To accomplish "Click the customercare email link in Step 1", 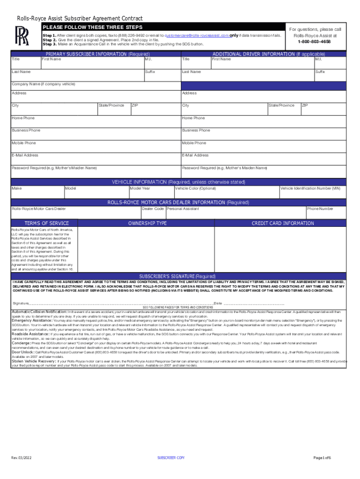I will click(x=197, y=35).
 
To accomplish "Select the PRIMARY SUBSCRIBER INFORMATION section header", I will click(x=97, y=54).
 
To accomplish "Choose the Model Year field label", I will click(x=140, y=189).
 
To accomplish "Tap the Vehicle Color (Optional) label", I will click(x=195, y=189).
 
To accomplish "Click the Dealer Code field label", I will click(x=152, y=209).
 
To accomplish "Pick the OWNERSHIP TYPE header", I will click(x=147, y=224).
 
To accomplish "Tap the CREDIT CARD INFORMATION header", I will click(x=283, y=224).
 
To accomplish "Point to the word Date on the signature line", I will click(x=217, y=304).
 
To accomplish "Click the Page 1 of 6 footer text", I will click(x=322, y=457).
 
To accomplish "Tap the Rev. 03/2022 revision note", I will click(x=22, y=457).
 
